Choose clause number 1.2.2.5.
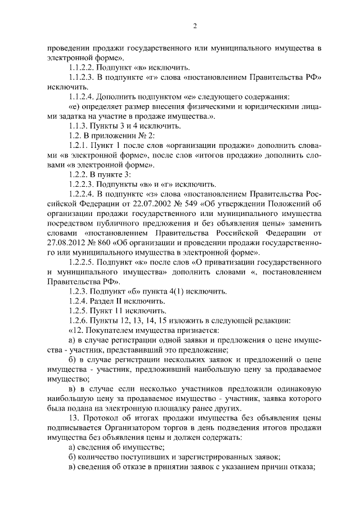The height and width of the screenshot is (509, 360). (84, 262)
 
